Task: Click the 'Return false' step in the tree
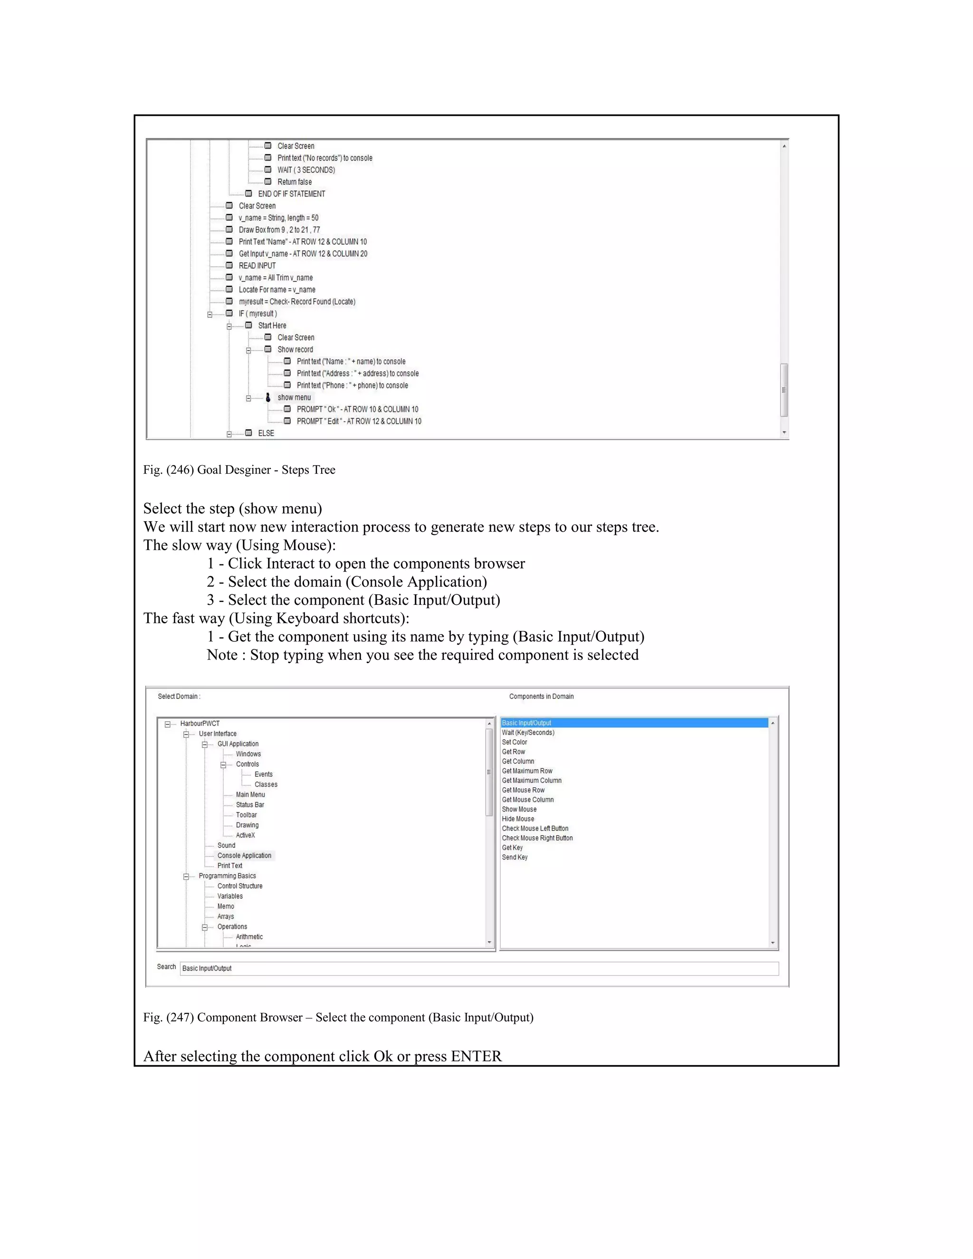coord(294,182)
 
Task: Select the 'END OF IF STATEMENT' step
coord(291,194)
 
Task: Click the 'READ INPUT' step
coord(257,266)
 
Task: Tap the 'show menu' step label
coord(294,398)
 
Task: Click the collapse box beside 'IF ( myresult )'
coord(210,314)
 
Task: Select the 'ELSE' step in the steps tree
coord(266,433)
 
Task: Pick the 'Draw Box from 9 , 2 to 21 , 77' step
coord(279,230)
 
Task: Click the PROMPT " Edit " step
coord(359,421)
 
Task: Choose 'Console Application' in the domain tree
coord(244,856)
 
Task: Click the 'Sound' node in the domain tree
coord(226,846)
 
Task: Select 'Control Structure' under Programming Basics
coord(240,886)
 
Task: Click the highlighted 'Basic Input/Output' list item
coord(526,723)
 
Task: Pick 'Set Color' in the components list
coord(514,743)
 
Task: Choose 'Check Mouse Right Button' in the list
coord(537,838)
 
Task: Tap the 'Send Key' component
coord(515,857)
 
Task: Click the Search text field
coord(478,968)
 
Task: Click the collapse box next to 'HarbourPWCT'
coord(168,724)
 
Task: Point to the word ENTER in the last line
coord(476,1056)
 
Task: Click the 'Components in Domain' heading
coord(541,696)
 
